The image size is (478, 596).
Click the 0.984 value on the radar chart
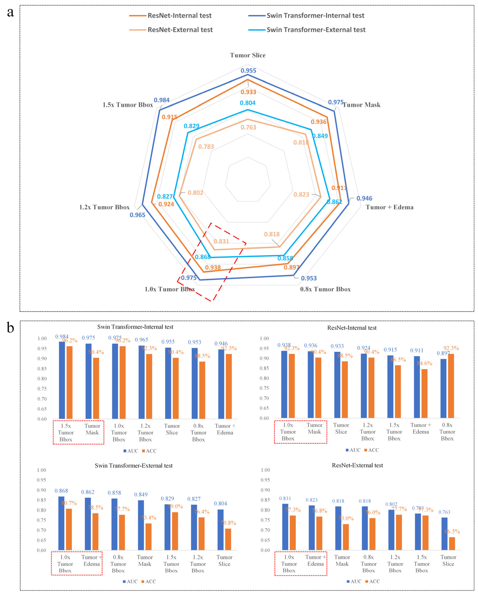(162, 100)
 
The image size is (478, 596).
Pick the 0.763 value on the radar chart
(248, 127)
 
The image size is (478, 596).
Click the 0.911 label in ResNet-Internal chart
(417, 350)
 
